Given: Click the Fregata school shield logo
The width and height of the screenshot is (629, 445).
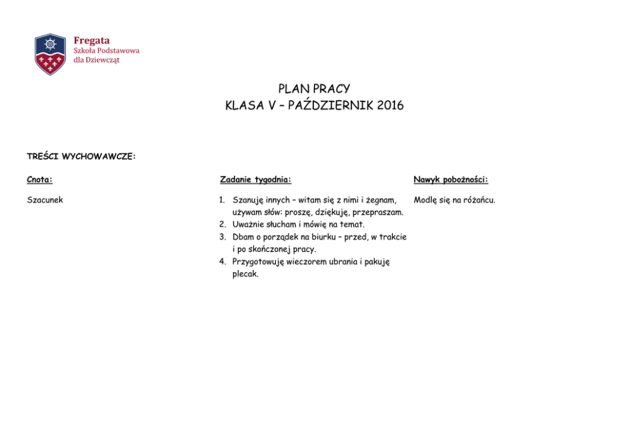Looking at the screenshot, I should click(x=50, y=54).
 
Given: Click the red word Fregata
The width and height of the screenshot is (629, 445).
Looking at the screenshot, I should click(x=91, y=41).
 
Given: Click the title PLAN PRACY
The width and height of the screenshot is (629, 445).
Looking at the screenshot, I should click(x=314, y=89).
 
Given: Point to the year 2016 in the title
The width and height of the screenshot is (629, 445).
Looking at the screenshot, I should click(x=390, y=106).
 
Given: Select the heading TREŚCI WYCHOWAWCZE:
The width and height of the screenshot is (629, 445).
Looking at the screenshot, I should click(x=81, y=156).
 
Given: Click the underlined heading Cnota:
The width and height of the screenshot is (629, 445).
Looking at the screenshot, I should click(x=39, y=180).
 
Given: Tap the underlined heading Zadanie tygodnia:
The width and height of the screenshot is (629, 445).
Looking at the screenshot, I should click(x=256, y=180).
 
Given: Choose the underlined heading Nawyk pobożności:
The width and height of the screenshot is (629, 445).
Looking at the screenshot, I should click(x=451, y=180).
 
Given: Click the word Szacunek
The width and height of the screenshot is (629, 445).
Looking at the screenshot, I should click(x=45, y=200).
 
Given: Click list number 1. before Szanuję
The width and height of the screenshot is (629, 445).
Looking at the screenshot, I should click(x=223, y=200).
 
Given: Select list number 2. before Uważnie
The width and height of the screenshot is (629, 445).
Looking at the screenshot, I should click(x=223, y=224).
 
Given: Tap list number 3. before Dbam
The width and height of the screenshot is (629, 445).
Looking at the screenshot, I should click(x=223, y=237).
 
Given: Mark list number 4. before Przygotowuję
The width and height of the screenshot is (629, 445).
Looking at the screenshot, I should click(x=223, y=262).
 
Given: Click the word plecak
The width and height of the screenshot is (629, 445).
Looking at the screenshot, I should click(x=245, y=274).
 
